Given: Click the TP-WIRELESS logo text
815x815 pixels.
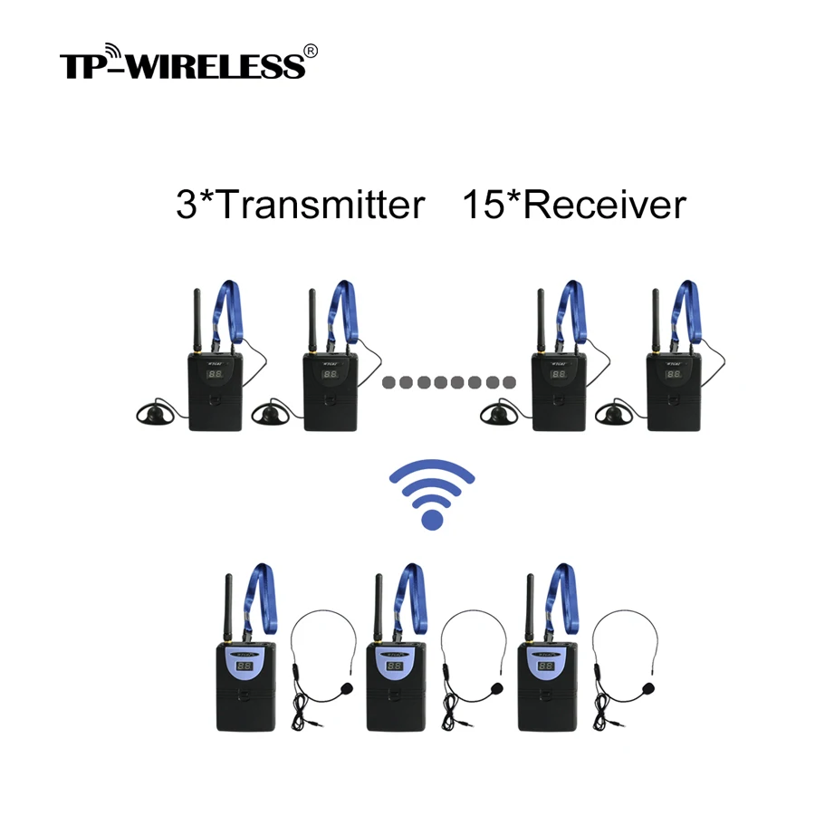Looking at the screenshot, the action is coord(181,64).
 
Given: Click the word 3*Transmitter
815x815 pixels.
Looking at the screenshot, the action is coord(300,205).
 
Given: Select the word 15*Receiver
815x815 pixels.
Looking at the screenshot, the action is coord(574,205).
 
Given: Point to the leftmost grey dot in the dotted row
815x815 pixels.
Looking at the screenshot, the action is coord(388,381).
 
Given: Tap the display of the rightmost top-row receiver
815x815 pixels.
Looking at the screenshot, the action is coord(673,373).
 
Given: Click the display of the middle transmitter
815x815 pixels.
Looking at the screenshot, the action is coord(394,666).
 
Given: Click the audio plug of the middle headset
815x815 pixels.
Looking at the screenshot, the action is coord(451,724).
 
